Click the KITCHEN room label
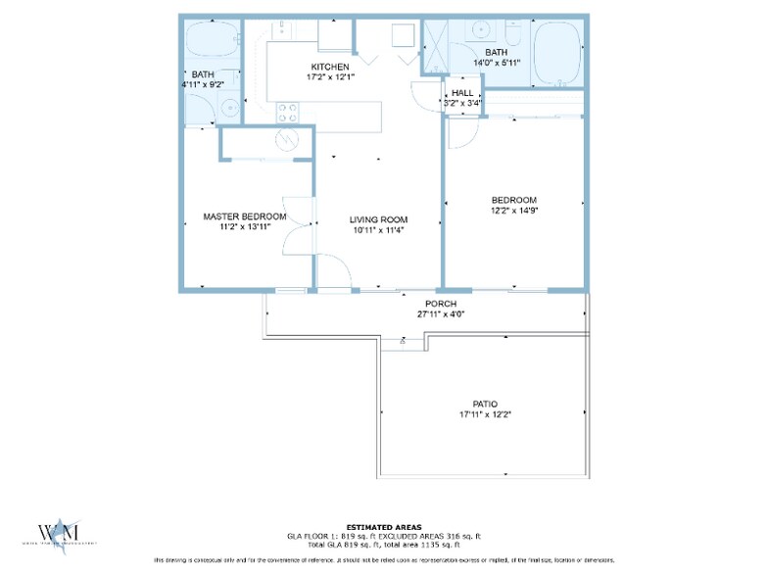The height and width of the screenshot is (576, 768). tap(328, 67)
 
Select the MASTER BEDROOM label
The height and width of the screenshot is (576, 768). tap(244, 216)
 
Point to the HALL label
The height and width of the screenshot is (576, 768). tap(462, 93)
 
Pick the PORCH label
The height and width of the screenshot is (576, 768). tap(442, 304)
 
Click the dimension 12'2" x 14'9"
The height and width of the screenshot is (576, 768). tap(515, 210)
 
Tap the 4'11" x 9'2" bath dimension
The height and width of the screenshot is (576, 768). tap(203, 85)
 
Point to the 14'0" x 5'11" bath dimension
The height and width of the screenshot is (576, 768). tap(496, 63)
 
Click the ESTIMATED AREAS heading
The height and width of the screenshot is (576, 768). tap(383, 528)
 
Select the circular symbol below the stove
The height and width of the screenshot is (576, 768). tap(287, 139)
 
